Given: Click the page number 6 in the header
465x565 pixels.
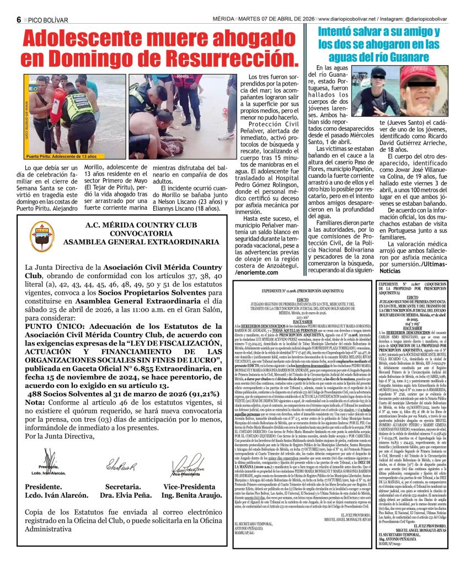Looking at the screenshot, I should [x=19, y=19].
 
